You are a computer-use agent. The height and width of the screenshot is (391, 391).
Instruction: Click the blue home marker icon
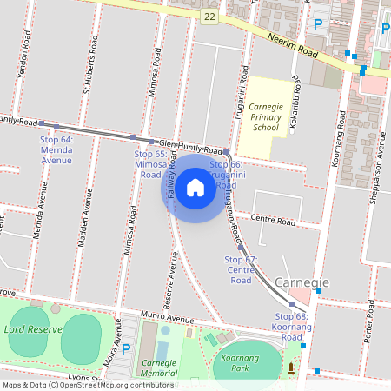click(x=195, y=187)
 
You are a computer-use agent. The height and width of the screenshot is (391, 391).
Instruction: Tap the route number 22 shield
click(x=210, y=17)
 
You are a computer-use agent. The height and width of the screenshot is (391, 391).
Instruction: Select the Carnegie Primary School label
click(x=265, y=116)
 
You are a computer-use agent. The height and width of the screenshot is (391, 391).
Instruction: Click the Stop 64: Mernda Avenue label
click(x=56, y=149)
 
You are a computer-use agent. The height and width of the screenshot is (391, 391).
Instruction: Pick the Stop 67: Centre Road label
click(x=241, y=269)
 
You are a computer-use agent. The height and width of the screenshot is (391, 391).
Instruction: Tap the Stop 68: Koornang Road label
click(x=291, y=326)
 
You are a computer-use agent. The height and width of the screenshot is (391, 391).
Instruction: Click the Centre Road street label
click(x=273, y=222)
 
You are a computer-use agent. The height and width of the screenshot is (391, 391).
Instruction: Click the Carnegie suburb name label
click(x=302, y=283)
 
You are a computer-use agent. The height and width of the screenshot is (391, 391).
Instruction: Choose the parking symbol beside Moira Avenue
click(x=126, y=348)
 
